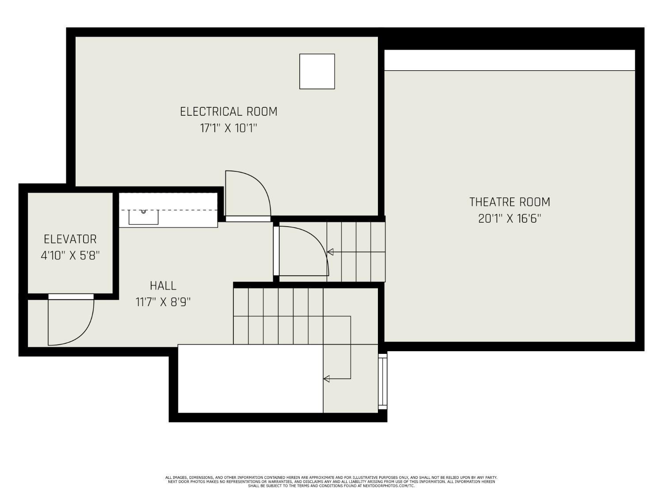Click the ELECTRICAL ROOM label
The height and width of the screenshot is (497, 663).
229,112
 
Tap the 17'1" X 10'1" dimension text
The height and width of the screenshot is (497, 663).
229,128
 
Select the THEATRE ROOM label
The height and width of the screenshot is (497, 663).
510,202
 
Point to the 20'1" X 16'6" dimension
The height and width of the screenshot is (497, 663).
510,219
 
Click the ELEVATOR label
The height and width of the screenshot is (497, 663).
70,239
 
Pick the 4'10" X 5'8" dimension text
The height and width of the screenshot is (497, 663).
70,256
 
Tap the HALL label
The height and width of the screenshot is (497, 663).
163,285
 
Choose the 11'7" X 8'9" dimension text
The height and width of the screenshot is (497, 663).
163,302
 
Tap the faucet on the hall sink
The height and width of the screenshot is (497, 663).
144,212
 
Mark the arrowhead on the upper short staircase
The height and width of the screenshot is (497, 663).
330,252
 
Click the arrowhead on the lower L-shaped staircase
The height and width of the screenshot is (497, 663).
326,379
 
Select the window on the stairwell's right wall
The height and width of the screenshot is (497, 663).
383,381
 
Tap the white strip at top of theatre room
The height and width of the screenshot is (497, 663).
510,60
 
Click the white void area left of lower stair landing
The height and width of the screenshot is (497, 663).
251,379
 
